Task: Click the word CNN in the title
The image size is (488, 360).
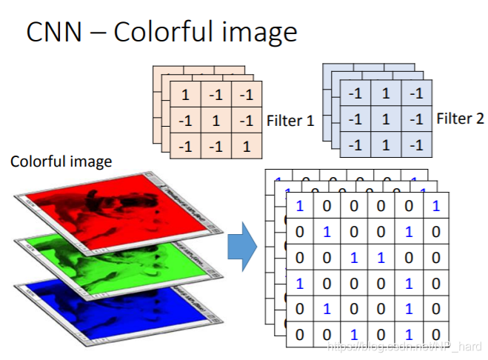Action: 53,32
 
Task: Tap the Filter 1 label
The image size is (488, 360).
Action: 290,120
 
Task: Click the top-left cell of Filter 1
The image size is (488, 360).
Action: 185,95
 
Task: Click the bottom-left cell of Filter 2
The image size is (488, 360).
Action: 356,143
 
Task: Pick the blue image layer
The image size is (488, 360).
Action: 118,307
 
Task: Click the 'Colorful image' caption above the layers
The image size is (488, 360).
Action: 61,161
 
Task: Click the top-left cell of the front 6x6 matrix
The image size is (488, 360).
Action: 299,205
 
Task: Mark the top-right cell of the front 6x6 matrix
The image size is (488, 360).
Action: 435,205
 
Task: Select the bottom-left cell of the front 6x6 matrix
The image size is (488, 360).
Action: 299,334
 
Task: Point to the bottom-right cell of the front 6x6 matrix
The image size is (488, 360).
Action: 435,334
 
